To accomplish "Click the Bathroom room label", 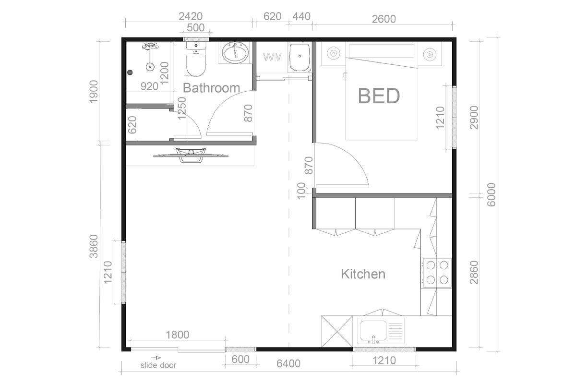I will pyautogui.click(x=211, y=88).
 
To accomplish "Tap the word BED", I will pyautogui.click(x=379, y=96).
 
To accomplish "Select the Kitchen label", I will pyautogui.click(x=363, y=274).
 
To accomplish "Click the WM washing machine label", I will pyautogui.click(x=273, y=58).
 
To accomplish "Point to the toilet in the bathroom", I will pyautogui.click(x=195, y=61).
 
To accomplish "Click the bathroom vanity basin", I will pyautogui.click(x=235, y=53).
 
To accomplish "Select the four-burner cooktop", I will pyautogui.click(x=437, y=272).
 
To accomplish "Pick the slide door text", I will pyautogui.click(x=158, y=365).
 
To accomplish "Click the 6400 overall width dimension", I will pyautogui.click(x=288, y=363).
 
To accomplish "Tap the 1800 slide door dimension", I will pyautogui.click(x=177, y=335).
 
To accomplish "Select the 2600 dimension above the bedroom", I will pyautogui.click(x=384, y=19).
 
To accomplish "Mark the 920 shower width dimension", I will pyautogui.click(x=149, y=86).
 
